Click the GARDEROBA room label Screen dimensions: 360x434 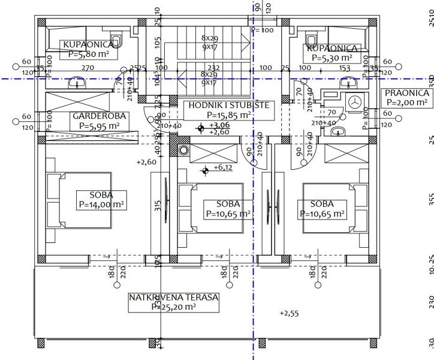(x=94, y=116)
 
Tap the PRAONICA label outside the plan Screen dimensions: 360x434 (x=406, y=93)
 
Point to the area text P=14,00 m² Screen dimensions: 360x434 (x=99, y=205)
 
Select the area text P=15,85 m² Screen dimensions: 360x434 (x=228, y=115)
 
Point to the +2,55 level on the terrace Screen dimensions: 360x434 (x=290, y=313)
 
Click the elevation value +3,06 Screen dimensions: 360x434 (x=220, y=125)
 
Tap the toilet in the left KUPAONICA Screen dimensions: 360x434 (x=117, y=41)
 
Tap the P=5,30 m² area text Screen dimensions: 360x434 (x=333, y=58)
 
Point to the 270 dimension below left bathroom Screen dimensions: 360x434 (x=88, y=68)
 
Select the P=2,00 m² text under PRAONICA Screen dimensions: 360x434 (x=406, y=103)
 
